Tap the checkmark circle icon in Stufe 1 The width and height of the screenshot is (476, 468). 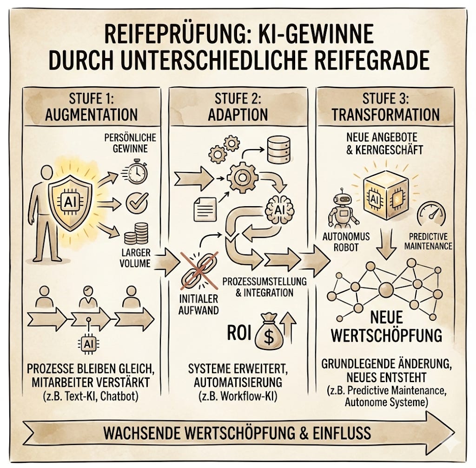point(137,203)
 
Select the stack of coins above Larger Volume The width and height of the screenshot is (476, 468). point(136,234)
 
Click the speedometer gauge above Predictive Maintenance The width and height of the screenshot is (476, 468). point(430,214)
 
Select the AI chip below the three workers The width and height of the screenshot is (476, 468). point(88,344)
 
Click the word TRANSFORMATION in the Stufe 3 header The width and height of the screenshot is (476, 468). point(385,114)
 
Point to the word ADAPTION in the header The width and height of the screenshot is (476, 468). point(238,114)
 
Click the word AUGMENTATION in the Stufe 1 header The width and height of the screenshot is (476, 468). point(91,114)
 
